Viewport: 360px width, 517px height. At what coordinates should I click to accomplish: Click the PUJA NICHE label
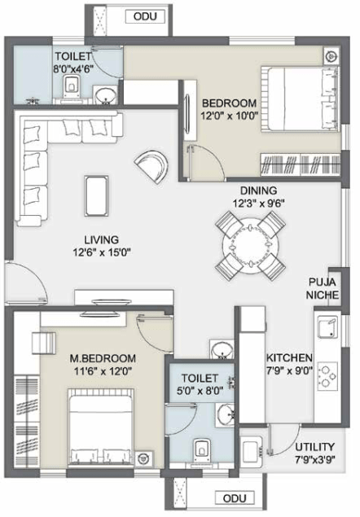tap(323, 288)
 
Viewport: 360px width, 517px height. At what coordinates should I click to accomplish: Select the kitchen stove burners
tap(328, 375)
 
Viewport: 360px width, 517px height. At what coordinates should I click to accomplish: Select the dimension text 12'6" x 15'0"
tap(100, 252)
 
